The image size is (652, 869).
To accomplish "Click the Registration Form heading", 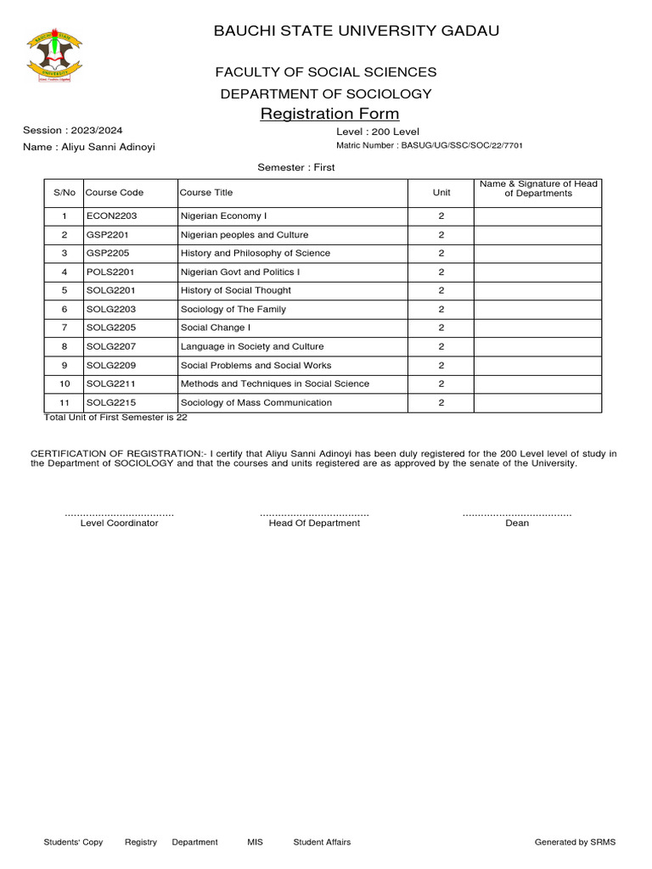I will [x=329, y=114].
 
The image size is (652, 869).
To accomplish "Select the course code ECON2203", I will [x=111, y=216].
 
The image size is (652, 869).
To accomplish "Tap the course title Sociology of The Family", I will [x=233, y=310].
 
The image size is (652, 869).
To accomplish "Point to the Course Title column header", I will [x=206, y=193].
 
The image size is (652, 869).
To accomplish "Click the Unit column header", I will [x=441, y=193].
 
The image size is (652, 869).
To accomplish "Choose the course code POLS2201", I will [x=110, y=272].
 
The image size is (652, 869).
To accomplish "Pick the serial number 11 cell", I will [x=64, y=403].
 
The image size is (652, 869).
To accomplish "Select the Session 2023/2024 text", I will [x=72, y=130].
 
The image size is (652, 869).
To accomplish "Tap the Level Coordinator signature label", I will [x=119, y=524].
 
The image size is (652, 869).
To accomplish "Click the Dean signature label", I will [x=517, y=524].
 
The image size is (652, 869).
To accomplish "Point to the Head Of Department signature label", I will [x=314, y=524].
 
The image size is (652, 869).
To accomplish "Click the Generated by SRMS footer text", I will [x=575, y=842].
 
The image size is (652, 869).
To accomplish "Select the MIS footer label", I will [x=256, y=842].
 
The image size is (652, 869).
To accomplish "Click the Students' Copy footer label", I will [x=73, y=842].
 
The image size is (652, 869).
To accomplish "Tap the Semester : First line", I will [x=296, y=167].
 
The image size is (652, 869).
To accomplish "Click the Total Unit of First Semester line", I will [x=115, y=418].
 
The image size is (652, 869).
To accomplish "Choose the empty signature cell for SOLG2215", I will [x=537, y=403].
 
